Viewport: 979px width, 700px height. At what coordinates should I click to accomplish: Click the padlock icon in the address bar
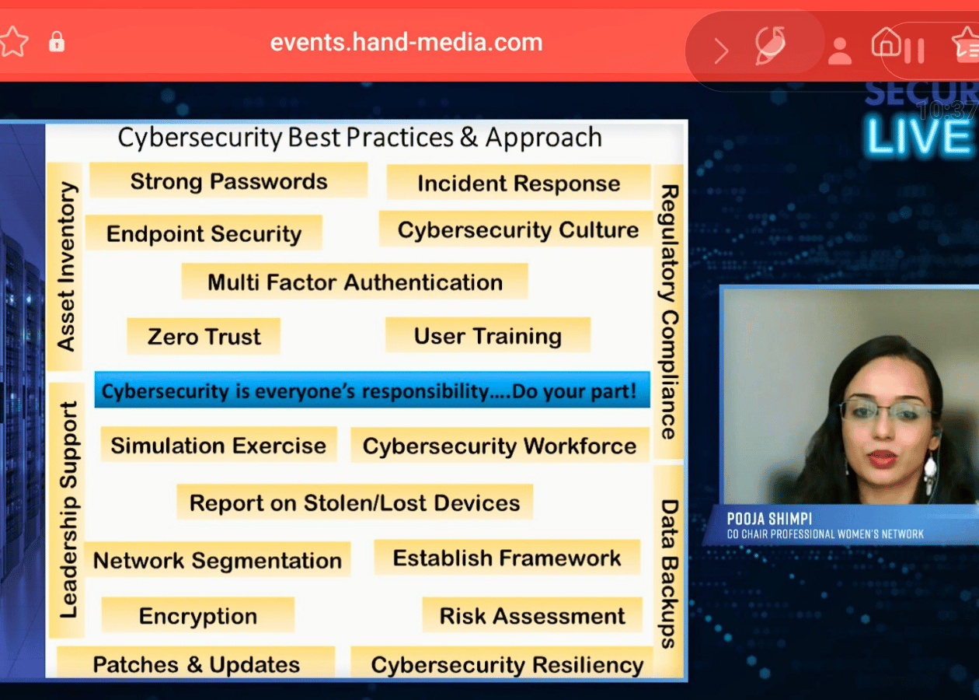(57, 42)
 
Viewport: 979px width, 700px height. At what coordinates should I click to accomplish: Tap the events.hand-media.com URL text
(406, 43)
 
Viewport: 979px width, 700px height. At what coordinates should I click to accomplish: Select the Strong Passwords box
(228, 180)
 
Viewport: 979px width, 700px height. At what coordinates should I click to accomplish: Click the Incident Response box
(519, 183)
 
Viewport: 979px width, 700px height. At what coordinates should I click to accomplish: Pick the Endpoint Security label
(204, 233)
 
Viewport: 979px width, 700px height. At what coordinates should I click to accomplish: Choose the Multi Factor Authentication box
(355, 282)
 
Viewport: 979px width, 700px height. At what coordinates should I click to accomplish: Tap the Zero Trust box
(204, 336)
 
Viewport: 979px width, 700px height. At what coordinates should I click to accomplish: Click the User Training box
(488, 335)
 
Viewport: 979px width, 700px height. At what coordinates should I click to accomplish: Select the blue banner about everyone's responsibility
(372, 390)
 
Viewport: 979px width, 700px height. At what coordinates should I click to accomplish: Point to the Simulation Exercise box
(219, 445)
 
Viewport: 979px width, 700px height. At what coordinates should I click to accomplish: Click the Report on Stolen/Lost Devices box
(355, 502)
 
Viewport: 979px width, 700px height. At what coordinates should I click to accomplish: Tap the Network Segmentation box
(218, 559)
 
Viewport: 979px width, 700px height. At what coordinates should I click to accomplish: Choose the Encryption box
(198, 615)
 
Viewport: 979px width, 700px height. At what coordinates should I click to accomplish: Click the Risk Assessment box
(532, 615)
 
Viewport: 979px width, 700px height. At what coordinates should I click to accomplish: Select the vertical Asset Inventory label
(67, 267)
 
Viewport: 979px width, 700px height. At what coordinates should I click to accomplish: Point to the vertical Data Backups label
(668, 573)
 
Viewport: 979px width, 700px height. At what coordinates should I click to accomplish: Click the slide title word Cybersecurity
(200, 138)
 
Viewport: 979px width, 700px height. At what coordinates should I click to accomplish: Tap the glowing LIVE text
(918, 136)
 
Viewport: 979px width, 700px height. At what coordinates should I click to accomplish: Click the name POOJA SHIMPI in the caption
(769, 519)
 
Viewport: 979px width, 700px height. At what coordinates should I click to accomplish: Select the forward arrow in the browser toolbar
(721, 51)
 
